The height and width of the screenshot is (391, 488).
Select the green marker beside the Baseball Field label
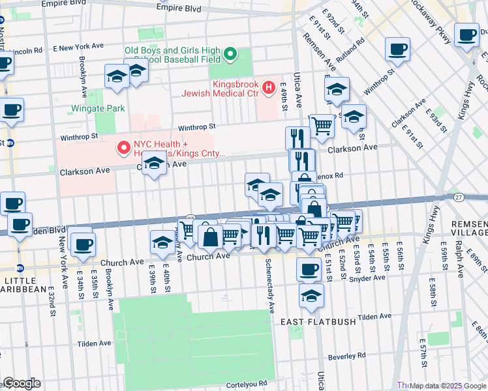click(x=230, y=55)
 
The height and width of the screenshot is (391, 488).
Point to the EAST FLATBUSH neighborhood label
click(x=317, y=322)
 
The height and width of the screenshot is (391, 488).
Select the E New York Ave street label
click(x=78, y=48)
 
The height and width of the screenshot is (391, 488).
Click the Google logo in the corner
click(x=21, y=383)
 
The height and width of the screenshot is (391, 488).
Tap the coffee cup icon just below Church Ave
click(x=309, y=268)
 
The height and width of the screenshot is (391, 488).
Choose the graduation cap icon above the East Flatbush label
click(x=312, y=295)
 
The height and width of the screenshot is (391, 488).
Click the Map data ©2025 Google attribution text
click(x=448, y=386)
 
